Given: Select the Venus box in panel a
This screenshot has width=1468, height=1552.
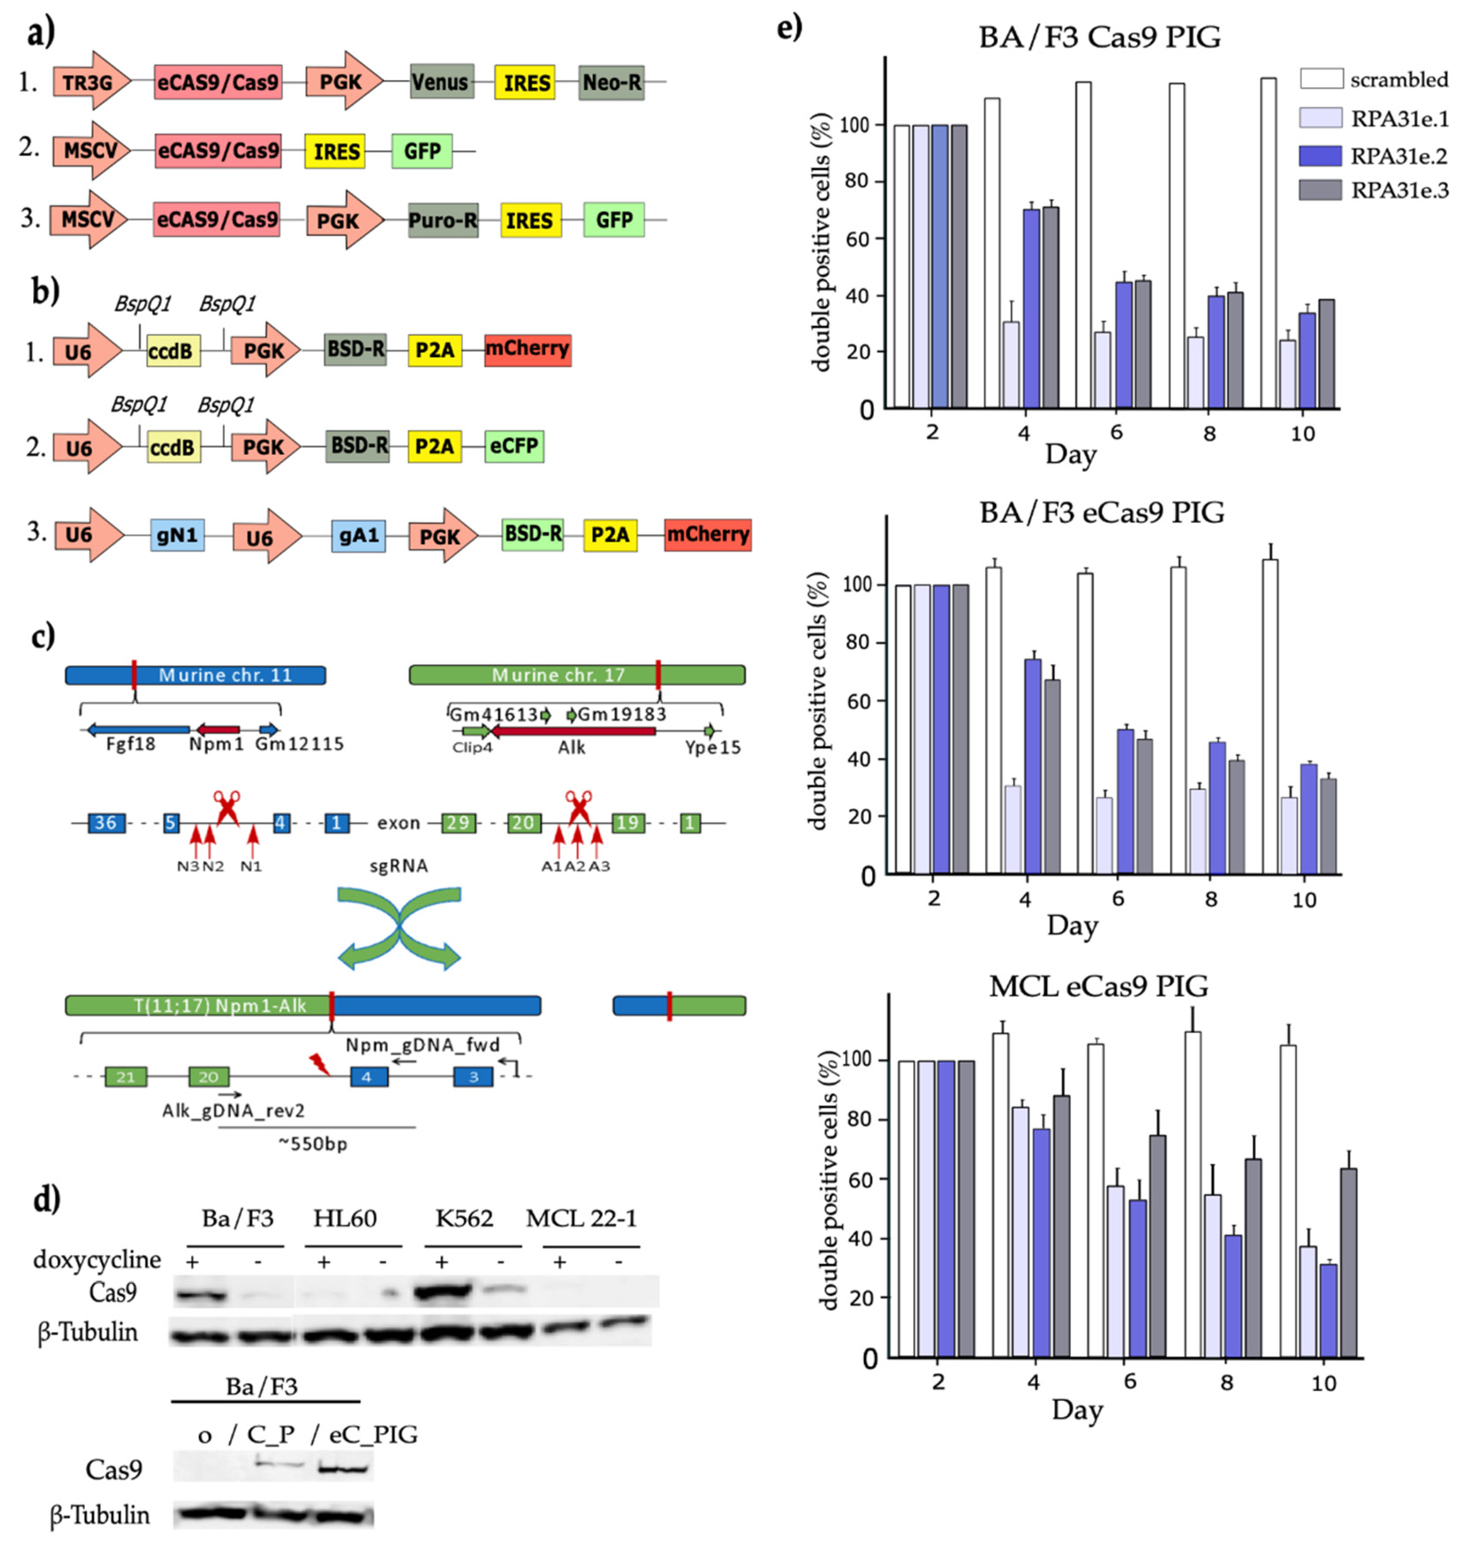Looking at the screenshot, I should (441, 81).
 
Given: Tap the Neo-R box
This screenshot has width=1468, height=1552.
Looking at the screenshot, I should (611, 82).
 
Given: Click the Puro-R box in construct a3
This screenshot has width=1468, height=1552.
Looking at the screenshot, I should (443, 221).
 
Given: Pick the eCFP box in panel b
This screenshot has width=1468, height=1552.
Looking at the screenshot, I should (513, 446).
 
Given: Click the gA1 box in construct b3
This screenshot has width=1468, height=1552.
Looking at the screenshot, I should (359, 536).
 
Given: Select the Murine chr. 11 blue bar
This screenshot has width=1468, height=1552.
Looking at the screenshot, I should (196, 675).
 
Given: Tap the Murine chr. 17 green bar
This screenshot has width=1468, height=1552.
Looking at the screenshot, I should (576, 675).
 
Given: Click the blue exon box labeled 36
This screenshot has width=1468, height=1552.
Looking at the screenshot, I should (106, 823).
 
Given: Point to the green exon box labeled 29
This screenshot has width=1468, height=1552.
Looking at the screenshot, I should (458, 823).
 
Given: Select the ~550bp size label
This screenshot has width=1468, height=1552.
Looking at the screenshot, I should (313, 1144).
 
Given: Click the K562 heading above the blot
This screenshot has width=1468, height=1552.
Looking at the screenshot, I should (464, 1218).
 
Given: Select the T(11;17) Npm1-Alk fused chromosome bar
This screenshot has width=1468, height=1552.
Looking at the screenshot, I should (303, 1005).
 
